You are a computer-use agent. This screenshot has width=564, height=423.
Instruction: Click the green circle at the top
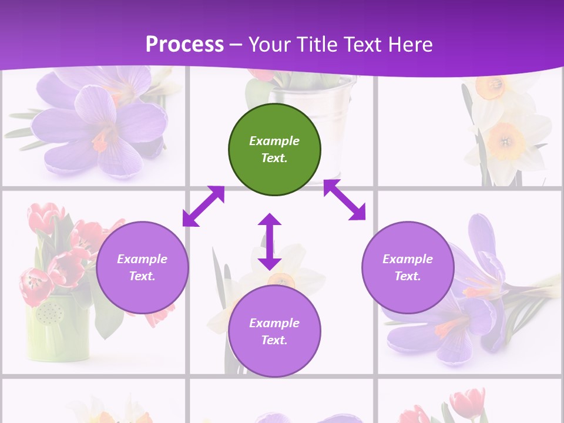coord(274,150)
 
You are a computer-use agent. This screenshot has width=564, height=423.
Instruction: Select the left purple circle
coord(142,267)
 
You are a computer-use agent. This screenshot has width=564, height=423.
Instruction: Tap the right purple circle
coord(408,267)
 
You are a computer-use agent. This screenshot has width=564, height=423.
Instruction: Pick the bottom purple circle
coord(274,331)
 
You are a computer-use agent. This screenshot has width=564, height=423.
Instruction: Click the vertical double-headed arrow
coord(270,241)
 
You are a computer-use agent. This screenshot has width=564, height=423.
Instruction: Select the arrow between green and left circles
coord(203,206)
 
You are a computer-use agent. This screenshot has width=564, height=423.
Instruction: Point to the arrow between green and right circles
coord(344,200)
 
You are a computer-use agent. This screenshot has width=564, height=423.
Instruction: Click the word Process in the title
coord(184,44)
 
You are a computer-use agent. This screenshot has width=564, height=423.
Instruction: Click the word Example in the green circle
coord(274,141)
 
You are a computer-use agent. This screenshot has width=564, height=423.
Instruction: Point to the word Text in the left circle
coord(142,276)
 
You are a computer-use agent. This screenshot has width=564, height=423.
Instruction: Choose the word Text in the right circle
coord(408,276)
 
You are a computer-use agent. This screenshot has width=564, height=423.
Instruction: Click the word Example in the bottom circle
coord(274,323)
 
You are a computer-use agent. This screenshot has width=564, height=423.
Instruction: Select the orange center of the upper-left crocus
coord(101,141)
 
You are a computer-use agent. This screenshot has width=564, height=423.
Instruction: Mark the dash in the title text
coord(236,45)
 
